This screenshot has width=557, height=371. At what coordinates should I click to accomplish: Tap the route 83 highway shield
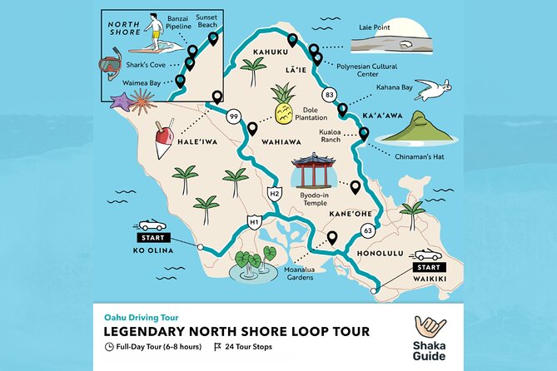[x=331, y=95]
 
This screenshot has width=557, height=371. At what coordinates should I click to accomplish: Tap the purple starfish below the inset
[x=122, y=102]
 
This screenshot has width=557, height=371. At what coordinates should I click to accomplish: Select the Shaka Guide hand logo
[x=425, y=325]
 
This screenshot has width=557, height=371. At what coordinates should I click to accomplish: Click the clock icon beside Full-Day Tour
[x=109, y=346]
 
